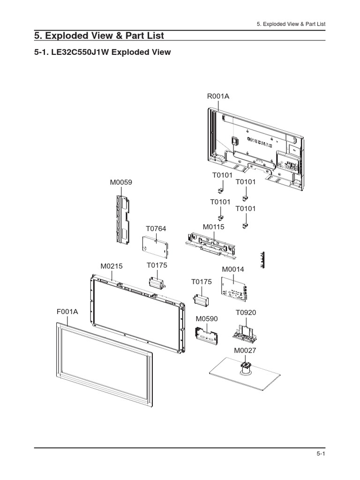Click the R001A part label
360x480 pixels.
[x=218, y=97]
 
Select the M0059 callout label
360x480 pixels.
[x=121, y=182]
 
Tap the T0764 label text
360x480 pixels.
[x=156, y=228]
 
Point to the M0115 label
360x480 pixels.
[x=214, y=227]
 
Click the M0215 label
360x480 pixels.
[x=111, y=266]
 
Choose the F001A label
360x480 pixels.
[x=67, y=311]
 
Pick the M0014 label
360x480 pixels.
[x=233, y=269]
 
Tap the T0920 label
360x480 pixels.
[x=246, y=312]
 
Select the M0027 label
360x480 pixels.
[x=245, y=350]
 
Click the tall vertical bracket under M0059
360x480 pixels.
[x=122, y=218]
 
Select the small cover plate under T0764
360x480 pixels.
[x=155, y=246]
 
